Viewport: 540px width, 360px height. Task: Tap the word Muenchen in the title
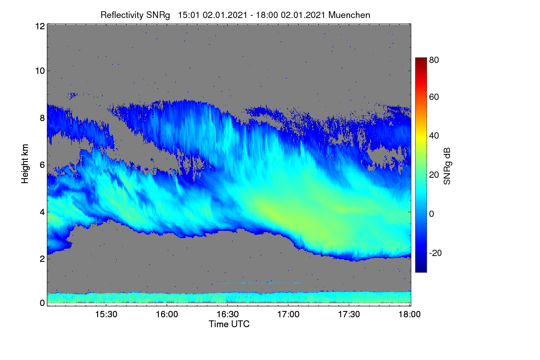coord(349,15)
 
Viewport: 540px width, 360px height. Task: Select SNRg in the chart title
coord(158,16)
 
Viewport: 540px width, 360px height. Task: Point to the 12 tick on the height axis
coord(40,26)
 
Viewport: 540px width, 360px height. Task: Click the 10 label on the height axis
coord(40,71)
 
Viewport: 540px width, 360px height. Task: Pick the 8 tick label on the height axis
coord(42,118)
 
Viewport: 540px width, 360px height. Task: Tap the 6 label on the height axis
coord(42,165)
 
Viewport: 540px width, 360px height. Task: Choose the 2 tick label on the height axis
coord(42,259)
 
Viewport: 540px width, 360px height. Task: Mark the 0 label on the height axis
coord(42,303)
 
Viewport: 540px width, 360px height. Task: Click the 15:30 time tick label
coord(106,314)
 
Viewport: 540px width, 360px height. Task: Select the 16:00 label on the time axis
coord(167,314)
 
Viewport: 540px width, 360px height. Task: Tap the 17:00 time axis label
coord(288,314)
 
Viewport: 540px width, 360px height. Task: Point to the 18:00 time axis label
coord(409,314)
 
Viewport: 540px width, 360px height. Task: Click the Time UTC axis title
coord(229,324)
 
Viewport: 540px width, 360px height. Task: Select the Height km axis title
coord(25,164)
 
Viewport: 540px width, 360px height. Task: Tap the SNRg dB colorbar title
coord(447,166)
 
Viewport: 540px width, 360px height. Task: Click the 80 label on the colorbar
coord(434,60)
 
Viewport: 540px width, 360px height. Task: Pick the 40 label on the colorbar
coord(434,136)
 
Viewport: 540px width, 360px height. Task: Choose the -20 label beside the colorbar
coord(436,253)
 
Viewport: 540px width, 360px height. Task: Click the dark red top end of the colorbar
coord(421,58)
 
